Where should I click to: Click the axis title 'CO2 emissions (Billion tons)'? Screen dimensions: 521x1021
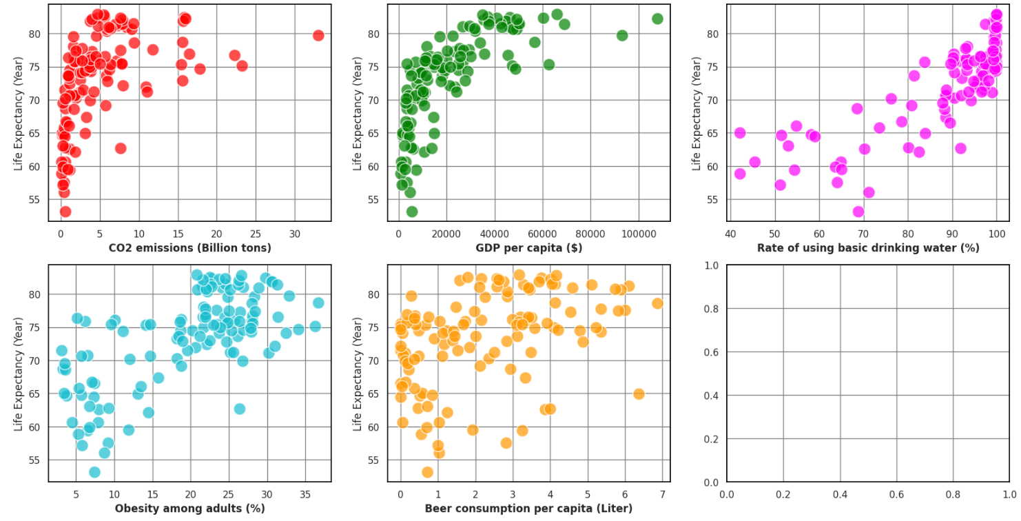[190, 247]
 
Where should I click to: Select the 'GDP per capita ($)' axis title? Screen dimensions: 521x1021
[529, 247]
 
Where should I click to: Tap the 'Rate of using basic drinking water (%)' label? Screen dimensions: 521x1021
[868, 247]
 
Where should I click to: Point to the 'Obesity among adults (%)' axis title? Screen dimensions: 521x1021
[190, 509]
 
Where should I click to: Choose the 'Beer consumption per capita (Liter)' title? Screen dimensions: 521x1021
[529, 509]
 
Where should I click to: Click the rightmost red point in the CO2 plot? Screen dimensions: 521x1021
[318, 35]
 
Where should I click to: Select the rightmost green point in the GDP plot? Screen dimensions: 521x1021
[657, 19]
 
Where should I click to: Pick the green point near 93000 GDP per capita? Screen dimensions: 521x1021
[622, 35]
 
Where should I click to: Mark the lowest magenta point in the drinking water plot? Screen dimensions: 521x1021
[858, 212]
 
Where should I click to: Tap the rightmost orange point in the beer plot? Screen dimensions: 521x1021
[657, 303]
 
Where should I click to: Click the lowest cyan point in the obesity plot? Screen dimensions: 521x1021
[94, 472]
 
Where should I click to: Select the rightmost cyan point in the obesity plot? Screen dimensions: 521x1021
[318, 303]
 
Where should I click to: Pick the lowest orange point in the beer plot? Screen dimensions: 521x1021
[427, 472]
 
